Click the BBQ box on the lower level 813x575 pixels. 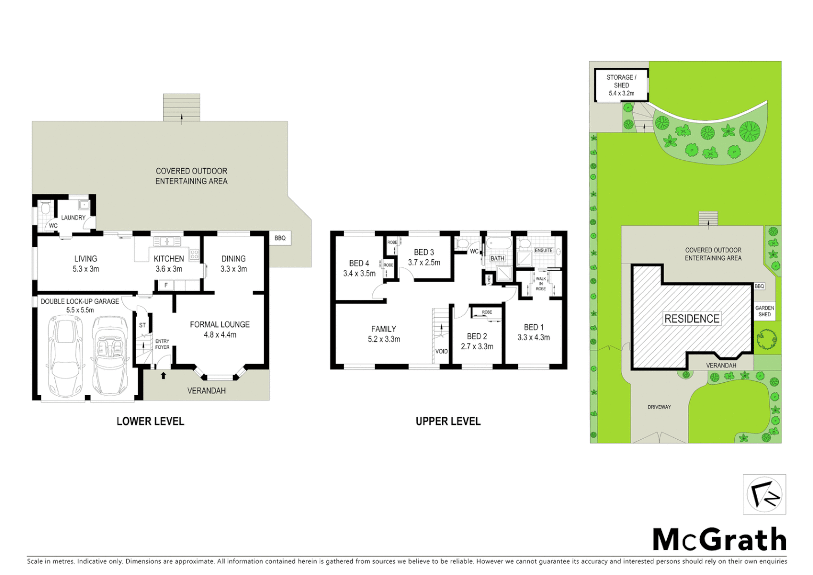[x=280, y=238]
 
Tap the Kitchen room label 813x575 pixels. [x=169, y=259]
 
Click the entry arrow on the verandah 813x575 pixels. [x=163, y=376]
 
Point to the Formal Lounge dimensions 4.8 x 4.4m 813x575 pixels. [x=220, y=335]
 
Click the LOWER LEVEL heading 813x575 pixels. [x=150, y=421]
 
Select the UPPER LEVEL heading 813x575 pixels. [x=448, y=421]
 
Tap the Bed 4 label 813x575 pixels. [x=359, y=264]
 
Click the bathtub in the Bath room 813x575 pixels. [x=499, y=244]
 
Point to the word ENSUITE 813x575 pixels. [x=543, y=250]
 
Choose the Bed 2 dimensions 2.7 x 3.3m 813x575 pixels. [x=477, y=347]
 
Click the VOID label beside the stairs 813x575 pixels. [x=442, y=351]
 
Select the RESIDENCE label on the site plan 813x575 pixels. [x=692, y=318]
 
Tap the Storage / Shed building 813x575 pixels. [x=621, y=85]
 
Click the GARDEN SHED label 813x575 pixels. [x=765, y=311]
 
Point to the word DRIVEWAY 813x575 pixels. [x=659, y=407]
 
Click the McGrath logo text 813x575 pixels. [x=719, y=540]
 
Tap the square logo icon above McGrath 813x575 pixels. [x=764, y=495]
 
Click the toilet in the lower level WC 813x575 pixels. [x=45, y=209]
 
